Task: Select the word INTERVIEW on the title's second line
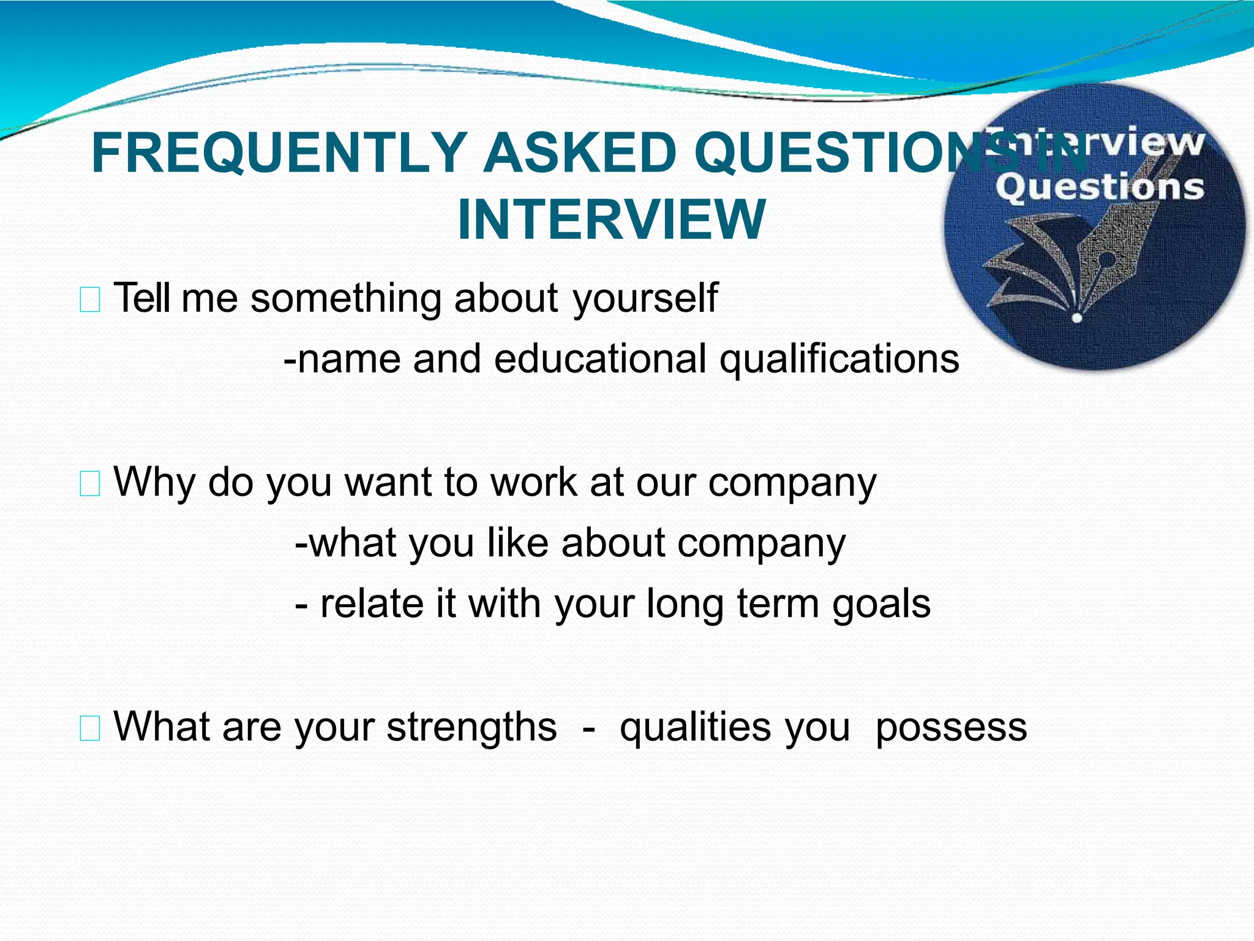[611, 220]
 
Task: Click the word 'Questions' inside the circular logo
[1099, 187]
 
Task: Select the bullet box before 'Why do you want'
[90, 485]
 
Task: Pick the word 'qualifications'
[839, 360]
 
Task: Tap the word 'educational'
[600, 360]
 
